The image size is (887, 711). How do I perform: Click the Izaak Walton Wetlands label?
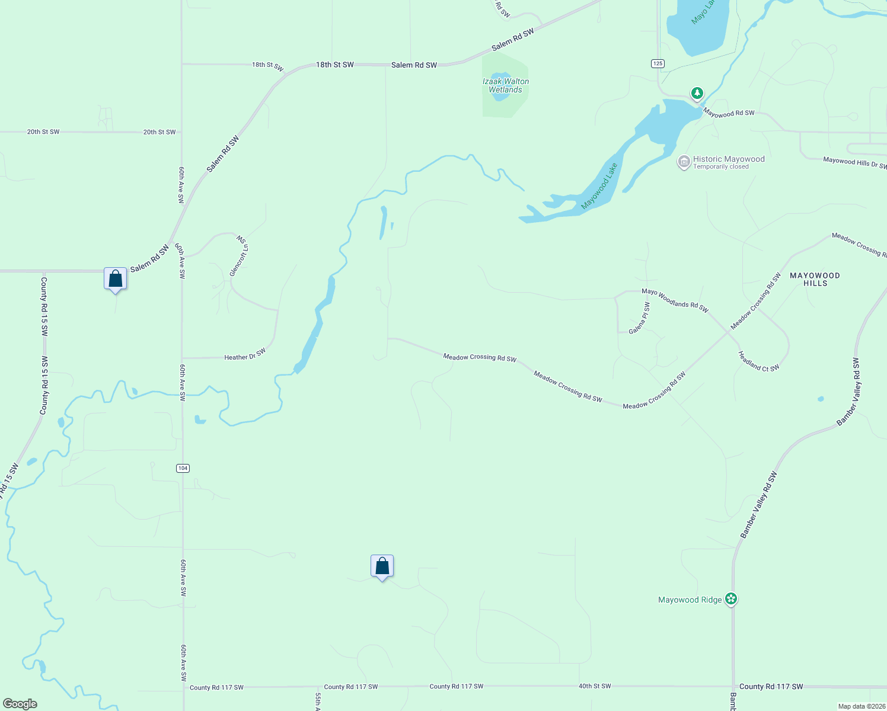coord(505,86)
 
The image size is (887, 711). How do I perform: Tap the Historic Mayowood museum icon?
coord(684,161)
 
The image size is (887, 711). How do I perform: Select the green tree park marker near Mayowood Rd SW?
coord(697,93)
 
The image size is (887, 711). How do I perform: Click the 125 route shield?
coord(657,63)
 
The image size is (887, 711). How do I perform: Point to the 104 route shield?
coord(183,468)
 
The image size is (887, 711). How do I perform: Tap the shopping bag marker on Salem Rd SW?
coord(116,278)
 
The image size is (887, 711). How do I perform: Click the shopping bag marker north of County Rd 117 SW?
coord(382,566)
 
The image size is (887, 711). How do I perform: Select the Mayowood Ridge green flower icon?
coord(731,599)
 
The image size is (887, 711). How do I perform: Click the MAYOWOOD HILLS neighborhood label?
coord(815,279)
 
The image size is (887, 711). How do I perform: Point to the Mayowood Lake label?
coord(599,186)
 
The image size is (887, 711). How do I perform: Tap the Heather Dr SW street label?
coord(245,355)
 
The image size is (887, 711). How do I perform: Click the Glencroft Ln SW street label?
coord(239,256)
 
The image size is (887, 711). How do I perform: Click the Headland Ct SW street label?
coord(758,361)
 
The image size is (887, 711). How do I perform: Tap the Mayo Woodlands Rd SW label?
coord(675,300)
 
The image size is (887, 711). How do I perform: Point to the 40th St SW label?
coord(595,686)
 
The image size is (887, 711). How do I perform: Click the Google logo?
coord(20,704)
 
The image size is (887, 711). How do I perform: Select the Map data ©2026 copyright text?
coord(862,706)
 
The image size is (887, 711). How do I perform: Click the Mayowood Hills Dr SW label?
coord(854,162)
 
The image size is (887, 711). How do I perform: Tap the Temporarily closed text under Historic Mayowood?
coord(721,167)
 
